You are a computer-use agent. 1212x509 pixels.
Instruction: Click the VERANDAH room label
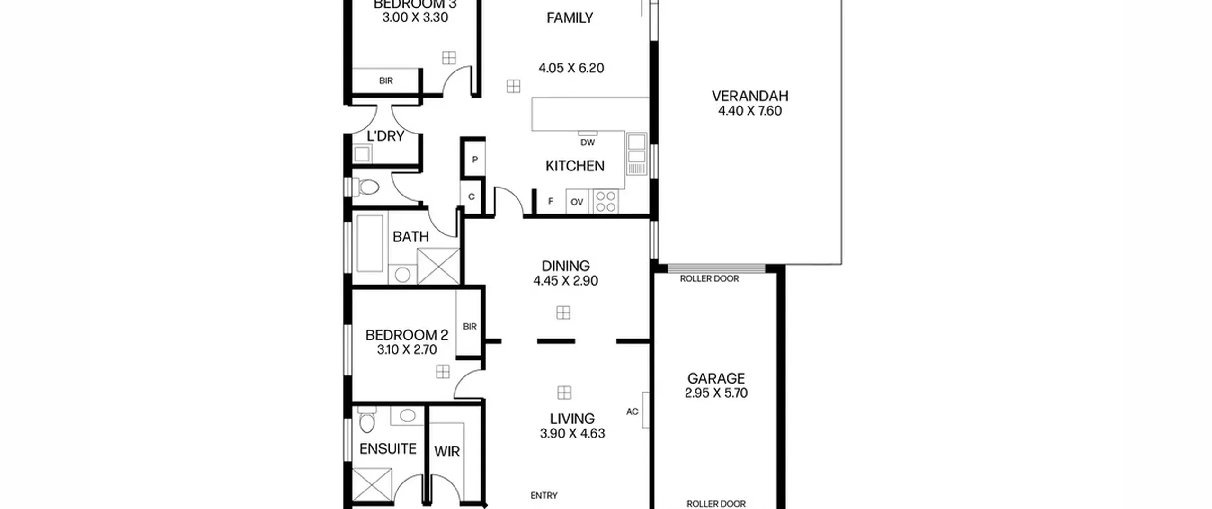click(x=750, y=96)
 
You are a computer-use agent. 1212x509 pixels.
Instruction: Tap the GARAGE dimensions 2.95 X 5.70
click(x=716, y=393)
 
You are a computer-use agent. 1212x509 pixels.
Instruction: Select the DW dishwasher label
click(x=588, y=143)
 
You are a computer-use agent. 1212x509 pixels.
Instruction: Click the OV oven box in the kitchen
click(x=577, y=202)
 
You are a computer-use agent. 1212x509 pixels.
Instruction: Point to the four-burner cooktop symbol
click(x=606, y=202)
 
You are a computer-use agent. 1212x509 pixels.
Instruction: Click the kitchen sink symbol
click(x=637, y=154)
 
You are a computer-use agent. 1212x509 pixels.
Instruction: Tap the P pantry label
click(x=475, y=160)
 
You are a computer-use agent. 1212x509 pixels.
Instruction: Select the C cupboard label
click(x=471, y=197)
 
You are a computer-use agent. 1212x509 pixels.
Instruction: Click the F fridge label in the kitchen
click(x=551, y=201)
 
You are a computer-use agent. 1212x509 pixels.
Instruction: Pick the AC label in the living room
click(x=632, y=411)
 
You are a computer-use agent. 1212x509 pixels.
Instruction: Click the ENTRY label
click(x=544, y=495)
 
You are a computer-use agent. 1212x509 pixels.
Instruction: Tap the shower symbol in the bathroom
click(x=438, y=266)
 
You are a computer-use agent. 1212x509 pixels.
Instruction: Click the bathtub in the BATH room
click(x=370, y=244)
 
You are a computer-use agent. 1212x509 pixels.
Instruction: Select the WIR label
click(x=447, y=452)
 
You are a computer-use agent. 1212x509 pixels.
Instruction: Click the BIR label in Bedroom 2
click(x=470, y=326)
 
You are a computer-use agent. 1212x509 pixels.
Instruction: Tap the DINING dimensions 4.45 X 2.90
click(x=566, y=281)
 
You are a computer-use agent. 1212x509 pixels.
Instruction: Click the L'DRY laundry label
click(x=385, y=136)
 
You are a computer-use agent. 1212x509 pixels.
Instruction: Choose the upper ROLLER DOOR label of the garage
click(x=709, y=278)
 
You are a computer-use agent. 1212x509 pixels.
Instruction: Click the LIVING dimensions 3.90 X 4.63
click(x=572, y=434)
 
